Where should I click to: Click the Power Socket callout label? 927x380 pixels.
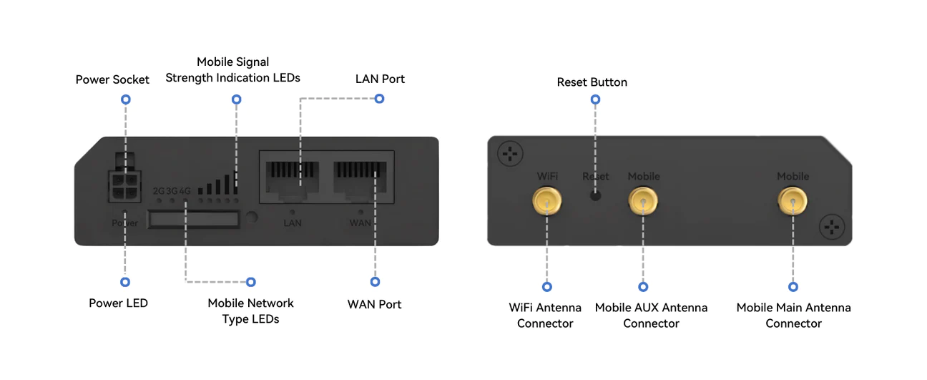pyautogui.click(x=112, y=79)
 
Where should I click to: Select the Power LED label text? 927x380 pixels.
pyautogui.click(x=118, y=303)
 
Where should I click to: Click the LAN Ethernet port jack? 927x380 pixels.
pyautogui.click(x=292, y=179)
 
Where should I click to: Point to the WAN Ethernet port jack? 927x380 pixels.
pyautogui.click(x=360, y=179)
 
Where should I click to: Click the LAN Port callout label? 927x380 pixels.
pyautogui.click(x=380, y=79)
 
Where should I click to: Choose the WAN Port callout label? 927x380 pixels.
pyautogui.click(x=374, y=304)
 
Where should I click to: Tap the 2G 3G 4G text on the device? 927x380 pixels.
pyautogui.click(x=172, y=191)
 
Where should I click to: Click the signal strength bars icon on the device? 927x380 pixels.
pyautogui.click(x=218, y=184)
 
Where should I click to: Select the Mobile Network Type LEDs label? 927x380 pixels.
pyautogui.click(x=250, y=311)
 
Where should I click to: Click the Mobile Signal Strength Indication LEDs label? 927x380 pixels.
pyautogui.click(x=232, y=70)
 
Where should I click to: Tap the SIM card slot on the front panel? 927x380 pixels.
pyautogui.click(x=194, y=220)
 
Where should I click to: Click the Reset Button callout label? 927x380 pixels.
pyautogui.click(x=592, y=82)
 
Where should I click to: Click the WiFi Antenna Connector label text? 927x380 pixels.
pyautogui.click(x=545, y=316)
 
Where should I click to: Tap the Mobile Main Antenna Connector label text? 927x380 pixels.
pyautogui.click(x=793, y=316)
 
